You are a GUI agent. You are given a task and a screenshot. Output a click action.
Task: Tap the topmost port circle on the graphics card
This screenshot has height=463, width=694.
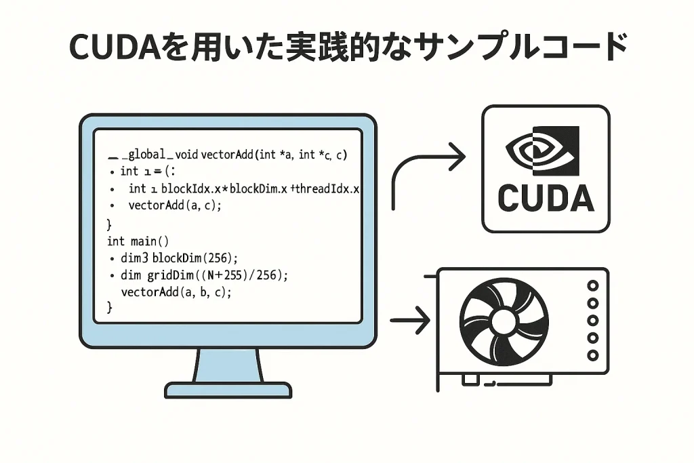coord(593,286)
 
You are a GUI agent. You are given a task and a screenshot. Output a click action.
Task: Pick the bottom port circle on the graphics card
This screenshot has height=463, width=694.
coord(593,355)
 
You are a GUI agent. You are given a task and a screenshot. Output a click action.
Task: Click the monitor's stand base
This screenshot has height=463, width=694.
coord(228,390)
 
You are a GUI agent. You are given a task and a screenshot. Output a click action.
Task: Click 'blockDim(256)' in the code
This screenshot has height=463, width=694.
coord(195,258)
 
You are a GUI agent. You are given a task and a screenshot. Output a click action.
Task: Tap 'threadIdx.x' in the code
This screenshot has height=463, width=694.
coord(327,188)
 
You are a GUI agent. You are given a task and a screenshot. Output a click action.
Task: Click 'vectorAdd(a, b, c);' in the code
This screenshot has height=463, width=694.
coord(176,292)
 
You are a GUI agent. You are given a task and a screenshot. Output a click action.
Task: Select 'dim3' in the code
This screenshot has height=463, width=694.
coord(134,258)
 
